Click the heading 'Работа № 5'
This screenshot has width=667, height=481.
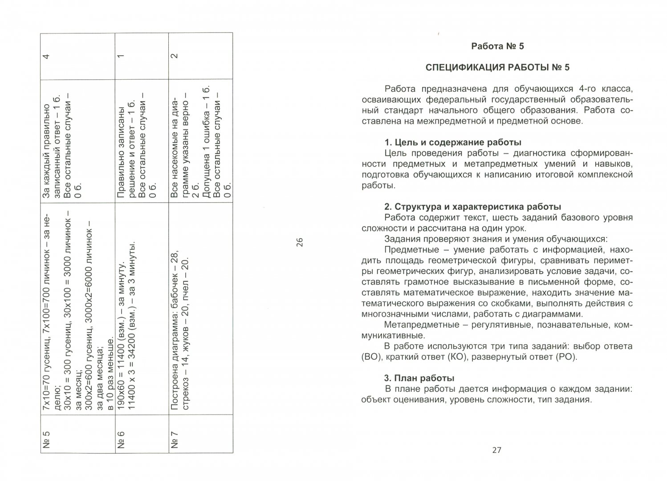(x=497, y=46)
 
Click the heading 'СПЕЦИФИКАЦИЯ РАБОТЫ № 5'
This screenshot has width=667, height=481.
(x=497, y=67)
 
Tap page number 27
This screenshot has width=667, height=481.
(x=497, y=450)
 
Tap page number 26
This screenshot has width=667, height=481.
(x=300, y=242)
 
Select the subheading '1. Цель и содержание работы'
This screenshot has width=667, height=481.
(x=452, y=143)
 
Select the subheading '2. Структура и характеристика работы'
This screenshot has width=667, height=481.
(x=472, y=207)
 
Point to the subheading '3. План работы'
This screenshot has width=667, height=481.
(x=419, y=378)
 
